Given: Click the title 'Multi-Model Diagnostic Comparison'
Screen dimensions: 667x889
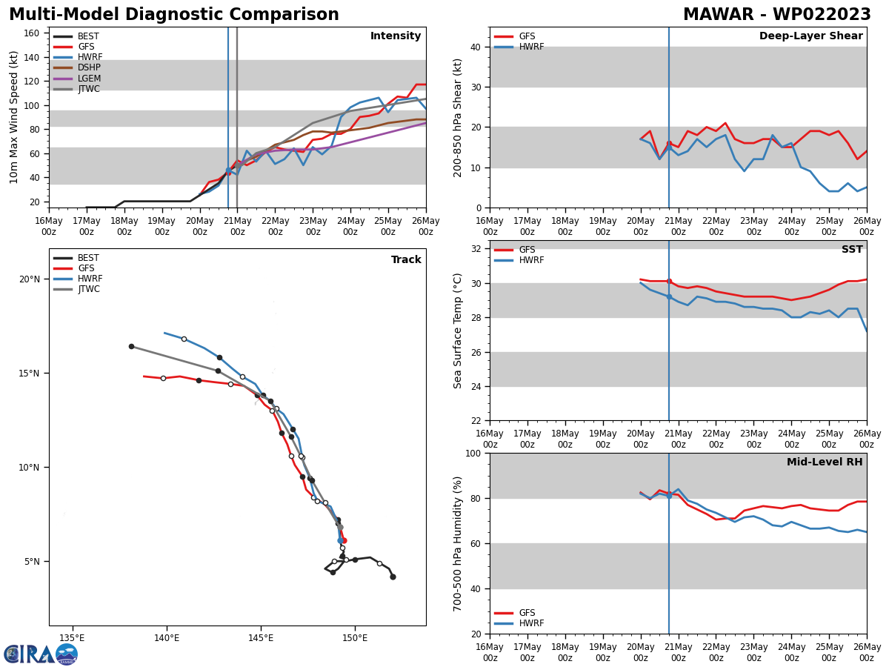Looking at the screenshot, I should [173, 15].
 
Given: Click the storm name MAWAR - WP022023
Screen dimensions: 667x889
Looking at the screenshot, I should [776, 15].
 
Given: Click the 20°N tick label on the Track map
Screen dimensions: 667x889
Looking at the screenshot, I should [30, 279].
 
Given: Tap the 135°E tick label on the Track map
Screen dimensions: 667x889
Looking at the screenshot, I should [72, 638].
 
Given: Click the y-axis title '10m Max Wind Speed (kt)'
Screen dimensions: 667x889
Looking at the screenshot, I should [14, 117].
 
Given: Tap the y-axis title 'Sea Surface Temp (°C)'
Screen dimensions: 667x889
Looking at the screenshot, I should [458, 331].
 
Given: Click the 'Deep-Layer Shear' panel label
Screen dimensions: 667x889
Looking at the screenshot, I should [810, 36].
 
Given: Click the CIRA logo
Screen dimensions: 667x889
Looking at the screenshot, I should [41, 654].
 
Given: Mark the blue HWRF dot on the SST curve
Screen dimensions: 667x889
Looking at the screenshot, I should [669, 296].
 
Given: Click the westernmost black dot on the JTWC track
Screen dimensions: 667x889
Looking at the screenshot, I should [131, 346].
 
